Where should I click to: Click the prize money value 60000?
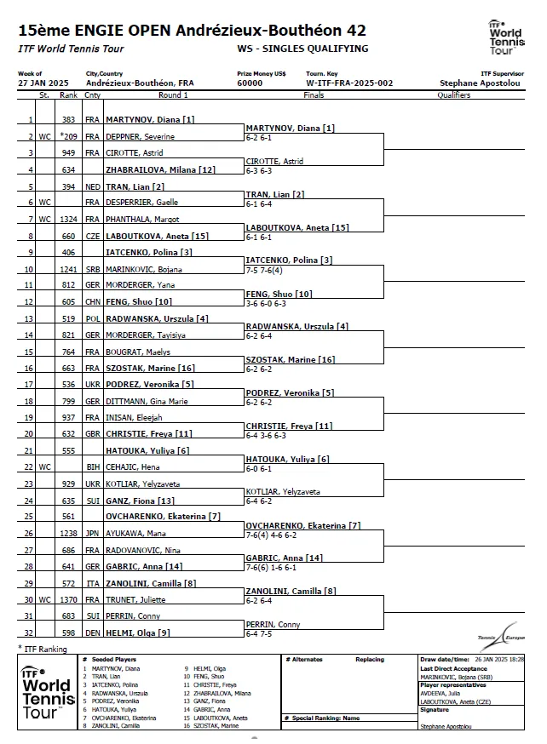[x=250, y=83]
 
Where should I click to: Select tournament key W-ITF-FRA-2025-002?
[x=338, y=83]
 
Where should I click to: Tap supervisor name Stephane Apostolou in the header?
[x=475, y=83]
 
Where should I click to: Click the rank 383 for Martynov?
[x=69, y=120]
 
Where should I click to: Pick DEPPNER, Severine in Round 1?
[x=135, y=136]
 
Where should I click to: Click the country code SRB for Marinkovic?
[x=92, y=270]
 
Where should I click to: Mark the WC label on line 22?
[x=45, y=467]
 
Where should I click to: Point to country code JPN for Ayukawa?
[x=92, y=534]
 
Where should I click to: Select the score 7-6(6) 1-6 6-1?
[x=271, y=567]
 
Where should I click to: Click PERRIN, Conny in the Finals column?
[x=273, y=625]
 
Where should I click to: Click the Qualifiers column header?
[x=453, y=95]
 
